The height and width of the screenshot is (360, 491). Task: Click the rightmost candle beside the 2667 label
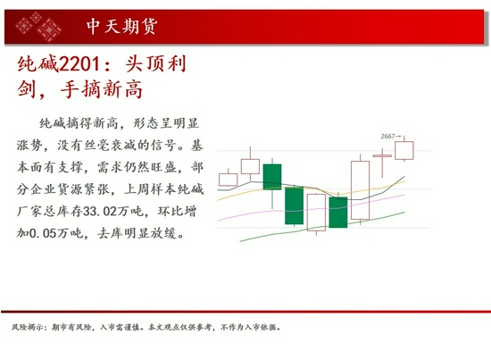(405, 151)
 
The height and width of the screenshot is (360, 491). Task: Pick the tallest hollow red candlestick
(361, 188)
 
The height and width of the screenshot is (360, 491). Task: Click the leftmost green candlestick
(272, 176)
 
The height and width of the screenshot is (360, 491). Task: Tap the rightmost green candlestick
(338, 213)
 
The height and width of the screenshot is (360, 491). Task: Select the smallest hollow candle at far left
(229, 180)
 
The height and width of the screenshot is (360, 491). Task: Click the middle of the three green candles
(295, 205)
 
